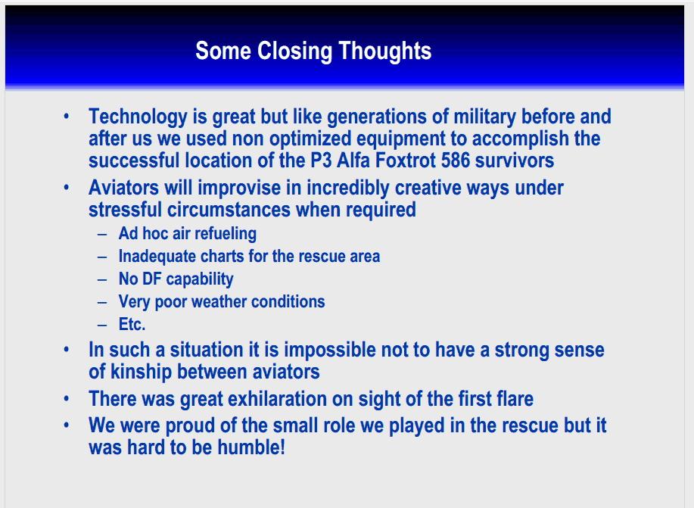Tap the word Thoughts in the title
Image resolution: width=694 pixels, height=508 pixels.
(385, 50)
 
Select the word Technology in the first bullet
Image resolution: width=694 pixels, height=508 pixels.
(138, 117)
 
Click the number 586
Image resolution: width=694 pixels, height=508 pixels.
(456, 160)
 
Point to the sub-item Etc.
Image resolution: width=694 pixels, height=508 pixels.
(132, 324)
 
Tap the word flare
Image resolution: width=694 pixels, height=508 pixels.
(513, 399)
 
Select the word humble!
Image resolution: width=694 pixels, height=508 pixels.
(251, 447)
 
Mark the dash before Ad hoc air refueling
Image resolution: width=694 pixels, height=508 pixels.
(102, 234)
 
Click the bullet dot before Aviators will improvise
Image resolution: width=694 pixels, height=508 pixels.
(67, 187)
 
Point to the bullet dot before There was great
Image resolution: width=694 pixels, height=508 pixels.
(67, 398)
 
